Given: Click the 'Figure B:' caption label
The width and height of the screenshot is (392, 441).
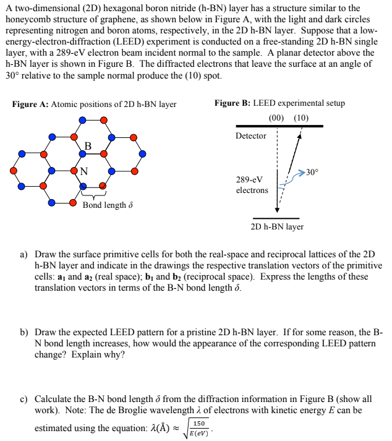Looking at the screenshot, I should point(233,103).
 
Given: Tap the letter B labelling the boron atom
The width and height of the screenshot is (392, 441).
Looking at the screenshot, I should point(88,146).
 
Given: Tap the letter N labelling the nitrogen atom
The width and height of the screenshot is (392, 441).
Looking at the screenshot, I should point(83,171).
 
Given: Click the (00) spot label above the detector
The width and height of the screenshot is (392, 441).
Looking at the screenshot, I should point(278,118).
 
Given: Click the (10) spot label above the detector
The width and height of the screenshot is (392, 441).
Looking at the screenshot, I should point(301,118).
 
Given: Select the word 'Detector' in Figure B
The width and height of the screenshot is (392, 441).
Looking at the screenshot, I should point(250,135).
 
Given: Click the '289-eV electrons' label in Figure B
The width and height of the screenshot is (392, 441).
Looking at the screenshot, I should point(252,184).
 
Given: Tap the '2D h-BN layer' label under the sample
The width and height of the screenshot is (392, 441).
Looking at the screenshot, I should point(277,227).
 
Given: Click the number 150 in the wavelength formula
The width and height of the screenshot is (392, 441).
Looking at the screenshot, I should point(199,422).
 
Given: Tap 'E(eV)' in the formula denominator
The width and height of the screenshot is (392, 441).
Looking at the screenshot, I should point(199,432).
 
